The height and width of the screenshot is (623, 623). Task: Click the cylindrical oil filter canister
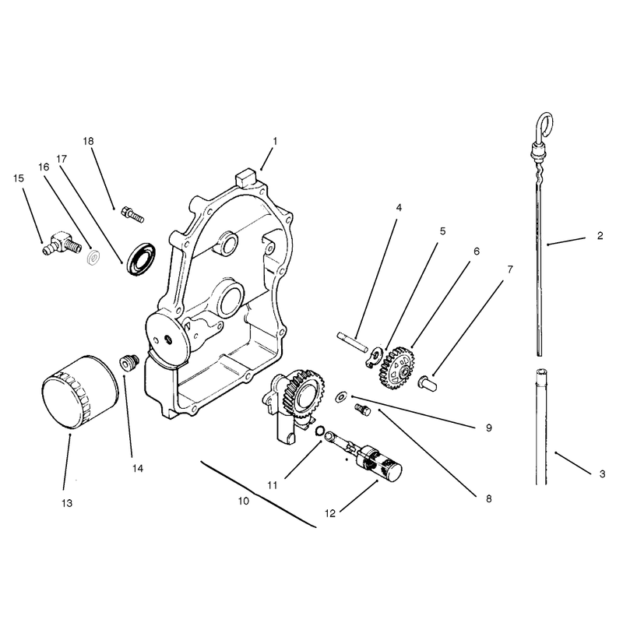[x=79, y=392]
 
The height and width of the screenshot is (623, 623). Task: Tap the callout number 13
[x=67, y=503]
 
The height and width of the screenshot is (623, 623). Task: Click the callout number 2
[x=600, y=236]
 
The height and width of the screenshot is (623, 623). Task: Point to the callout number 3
[x=602, y=474]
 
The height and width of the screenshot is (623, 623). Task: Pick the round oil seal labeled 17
[x=141, y=259]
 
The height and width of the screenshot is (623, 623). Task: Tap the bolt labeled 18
[x=132, y=214]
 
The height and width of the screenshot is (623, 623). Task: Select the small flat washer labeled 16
[x=93, y=258]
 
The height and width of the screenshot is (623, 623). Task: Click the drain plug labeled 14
[x=129, y=362]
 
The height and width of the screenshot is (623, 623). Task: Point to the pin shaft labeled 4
[x=353, y=341]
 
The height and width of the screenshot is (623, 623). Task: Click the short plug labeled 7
[x=427, y=383]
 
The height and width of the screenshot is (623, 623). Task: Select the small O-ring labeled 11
[x=320, y=431]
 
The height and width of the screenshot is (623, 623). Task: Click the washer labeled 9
[x=341, y=396]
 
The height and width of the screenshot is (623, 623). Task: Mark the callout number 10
[x=244, y=501]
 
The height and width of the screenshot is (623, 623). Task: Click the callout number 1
[x=275, y=141]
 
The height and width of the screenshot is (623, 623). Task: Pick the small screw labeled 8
[x=362, y=410]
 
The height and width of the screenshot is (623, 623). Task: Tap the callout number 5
[x=442, y=231]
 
